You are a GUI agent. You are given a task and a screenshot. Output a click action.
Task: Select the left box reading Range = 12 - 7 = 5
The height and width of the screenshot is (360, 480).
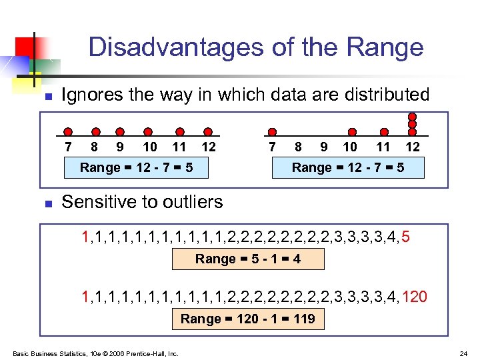pos(136,167)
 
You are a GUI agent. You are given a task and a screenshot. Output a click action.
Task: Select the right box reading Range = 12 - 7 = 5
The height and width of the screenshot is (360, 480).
pos(348,167)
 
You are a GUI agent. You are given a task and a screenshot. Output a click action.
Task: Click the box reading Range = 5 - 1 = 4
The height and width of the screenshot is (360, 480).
pos(248,259)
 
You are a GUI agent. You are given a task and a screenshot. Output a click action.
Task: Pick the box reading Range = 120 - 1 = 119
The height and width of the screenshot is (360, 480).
pos(248,319)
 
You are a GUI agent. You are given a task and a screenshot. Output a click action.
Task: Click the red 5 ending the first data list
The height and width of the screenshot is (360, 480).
pos(406,237)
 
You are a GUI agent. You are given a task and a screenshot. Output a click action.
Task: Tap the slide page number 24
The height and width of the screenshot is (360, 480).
pos(463,353)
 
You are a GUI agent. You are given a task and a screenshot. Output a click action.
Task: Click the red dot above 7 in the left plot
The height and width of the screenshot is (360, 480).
pos(67,132)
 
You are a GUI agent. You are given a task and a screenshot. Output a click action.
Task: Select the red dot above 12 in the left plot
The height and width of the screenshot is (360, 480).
pos(208,132)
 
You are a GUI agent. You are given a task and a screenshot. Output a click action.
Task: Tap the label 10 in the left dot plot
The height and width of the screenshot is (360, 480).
pos(150,147)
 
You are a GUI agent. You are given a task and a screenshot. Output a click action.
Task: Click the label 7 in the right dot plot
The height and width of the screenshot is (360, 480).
pos(271,147)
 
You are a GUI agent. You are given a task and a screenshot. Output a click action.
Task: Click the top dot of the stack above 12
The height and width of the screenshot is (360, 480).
pos(413,115)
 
